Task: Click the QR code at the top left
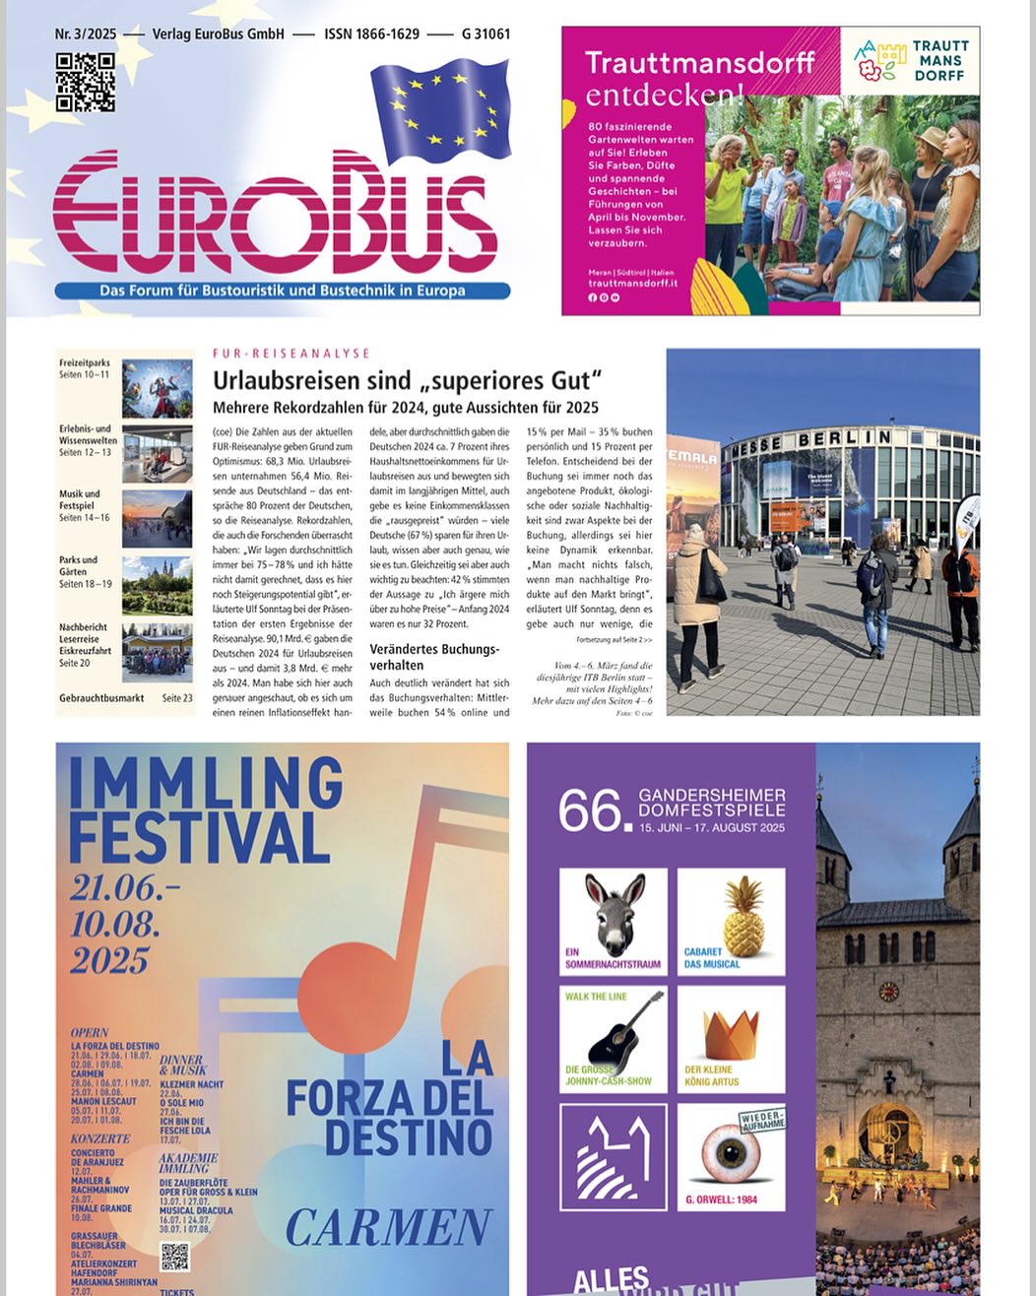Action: pyautogui.click(x=85, y=82)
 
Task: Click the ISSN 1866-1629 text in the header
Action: pyautogui.click(x=371, y=33)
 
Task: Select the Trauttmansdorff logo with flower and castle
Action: pyautogui.click(x=911, y=60)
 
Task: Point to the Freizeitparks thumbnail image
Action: pyautogui.click(x=157, y=388)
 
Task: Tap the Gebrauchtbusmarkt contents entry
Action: pyautogui.click(x=101, y=698)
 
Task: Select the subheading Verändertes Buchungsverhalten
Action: pyautogui.click(x=434, y=657)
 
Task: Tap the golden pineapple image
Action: pyautogui.click(x=731, y=916)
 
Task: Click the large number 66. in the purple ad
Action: pyautogui.click(x=592, y=811)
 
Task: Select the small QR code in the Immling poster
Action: pyautogui.click(x=174, y=1257)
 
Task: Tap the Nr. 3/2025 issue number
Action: pyautogui.click(x=86, y=33)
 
